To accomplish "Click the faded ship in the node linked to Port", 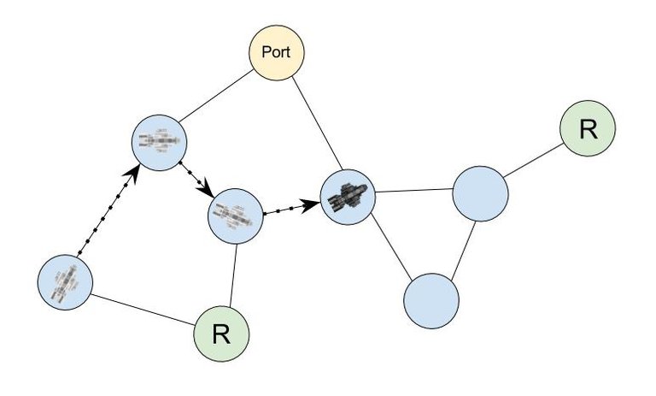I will (x=159, y=139).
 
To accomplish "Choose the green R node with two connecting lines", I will (x=221, y=334).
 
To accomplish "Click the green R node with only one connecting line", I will (x=587, y=129).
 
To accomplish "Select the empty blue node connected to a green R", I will (x=481, y=193).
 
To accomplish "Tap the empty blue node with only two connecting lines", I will (x=431, y=301).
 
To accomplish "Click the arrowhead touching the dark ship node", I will (x=311, y=205).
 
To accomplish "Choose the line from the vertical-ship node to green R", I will (x=142, y=309).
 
